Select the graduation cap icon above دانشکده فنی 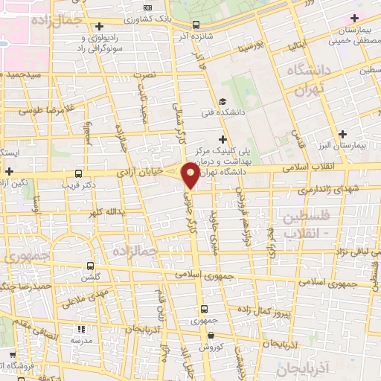point(222,102)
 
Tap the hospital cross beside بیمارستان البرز point(342,135)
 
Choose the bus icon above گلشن point(91,265)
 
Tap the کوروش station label point(210,348)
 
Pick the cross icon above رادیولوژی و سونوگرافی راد point(99,27)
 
